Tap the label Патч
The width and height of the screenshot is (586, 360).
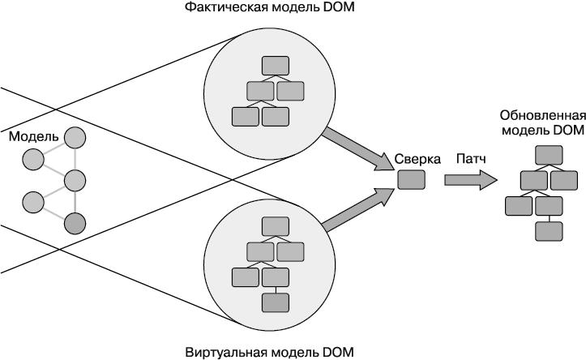(x=471, y=158)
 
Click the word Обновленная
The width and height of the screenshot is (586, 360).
(x=542, y=114)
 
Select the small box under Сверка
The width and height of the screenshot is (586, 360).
(x=409, y=178)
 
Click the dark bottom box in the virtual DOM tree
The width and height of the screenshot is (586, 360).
(x=276, y=302)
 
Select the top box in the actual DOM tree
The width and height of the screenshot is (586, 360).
(x=276, y=65)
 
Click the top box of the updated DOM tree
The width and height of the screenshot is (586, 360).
(x=550, y=153)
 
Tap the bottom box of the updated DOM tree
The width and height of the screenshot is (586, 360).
(x=550, y=231)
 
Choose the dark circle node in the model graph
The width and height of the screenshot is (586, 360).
(x=75, y=221)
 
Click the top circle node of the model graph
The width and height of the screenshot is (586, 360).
(x=75, y=138)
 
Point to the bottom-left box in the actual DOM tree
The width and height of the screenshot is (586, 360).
(x=246, y=116)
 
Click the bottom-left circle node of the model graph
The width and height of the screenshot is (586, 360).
(x=32, y=200)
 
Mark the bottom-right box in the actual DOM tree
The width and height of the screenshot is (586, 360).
(x=276, y=116)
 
